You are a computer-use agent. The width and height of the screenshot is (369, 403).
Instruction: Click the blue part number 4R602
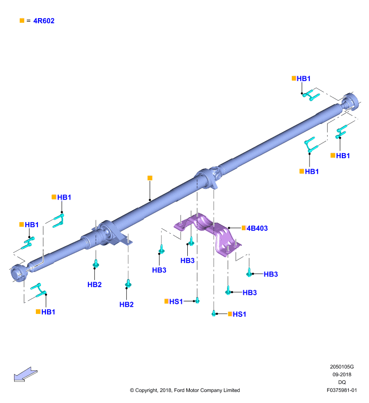44,21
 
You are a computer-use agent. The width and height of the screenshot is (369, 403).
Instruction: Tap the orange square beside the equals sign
22,20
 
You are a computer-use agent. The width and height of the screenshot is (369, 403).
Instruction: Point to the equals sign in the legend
29,21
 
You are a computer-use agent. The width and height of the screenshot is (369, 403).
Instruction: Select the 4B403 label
257,228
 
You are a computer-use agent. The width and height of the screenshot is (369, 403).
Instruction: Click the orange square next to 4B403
244,228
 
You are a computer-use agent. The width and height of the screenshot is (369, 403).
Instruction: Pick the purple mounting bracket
207,233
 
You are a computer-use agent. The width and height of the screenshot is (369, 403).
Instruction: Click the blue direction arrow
25,374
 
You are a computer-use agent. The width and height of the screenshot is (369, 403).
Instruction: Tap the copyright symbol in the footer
132,390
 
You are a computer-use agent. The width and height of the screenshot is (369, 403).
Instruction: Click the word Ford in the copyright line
179,390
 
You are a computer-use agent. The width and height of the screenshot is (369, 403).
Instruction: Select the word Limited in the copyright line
232,390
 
